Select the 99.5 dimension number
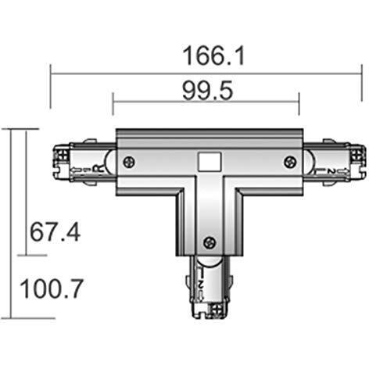207,91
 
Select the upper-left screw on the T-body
129,162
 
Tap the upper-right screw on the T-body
290,162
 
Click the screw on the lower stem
207,244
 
